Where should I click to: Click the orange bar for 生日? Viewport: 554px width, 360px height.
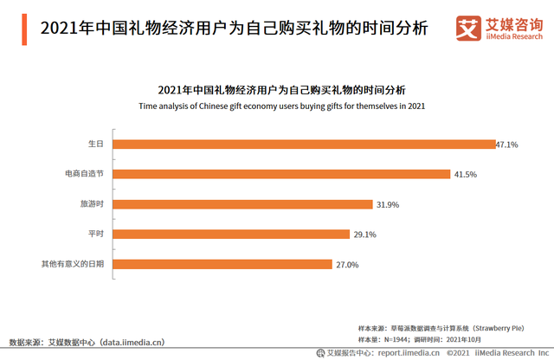[302, 144]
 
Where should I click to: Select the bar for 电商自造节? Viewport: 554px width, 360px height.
[281, 174]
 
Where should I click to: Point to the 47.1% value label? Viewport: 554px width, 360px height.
[507, 145]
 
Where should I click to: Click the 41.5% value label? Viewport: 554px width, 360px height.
[465, 175]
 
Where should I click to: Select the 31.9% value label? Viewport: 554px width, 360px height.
[388, 205]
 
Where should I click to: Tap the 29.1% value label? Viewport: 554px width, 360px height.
[364, 235]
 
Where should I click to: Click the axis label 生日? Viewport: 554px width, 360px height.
[96, 145]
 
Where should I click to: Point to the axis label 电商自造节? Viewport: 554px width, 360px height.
[84, 174]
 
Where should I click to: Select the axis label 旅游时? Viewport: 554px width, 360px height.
[92, 204]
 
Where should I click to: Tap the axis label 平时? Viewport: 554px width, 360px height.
[96, 234]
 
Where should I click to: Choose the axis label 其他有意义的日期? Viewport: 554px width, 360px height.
[74, 264]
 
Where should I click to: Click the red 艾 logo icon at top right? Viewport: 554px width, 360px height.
[468, 29]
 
